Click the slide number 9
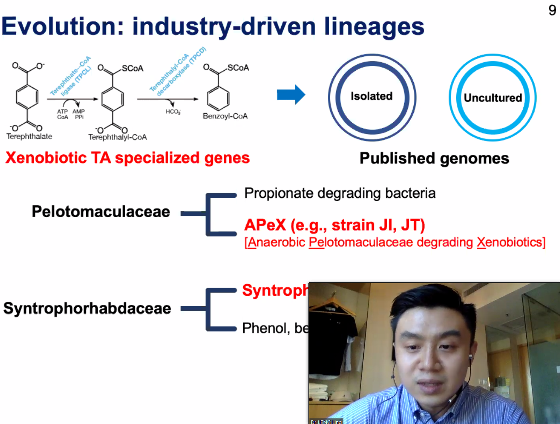tap(552, 10)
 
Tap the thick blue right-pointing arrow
tap(291, 94)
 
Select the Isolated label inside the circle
tap(372, 96)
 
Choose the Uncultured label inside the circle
tap(493, 98)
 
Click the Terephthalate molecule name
tap(29, 136)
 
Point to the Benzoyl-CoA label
tap(225, 116)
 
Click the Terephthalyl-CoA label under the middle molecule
tap(117, 137)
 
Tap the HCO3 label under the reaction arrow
tap(173, 112)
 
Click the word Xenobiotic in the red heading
tap(46, 158)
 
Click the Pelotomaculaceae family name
tap(101, 211)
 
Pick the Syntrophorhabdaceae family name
tap(87, 308)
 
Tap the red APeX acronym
tap(265, 225)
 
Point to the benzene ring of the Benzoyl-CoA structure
tap(218, 98)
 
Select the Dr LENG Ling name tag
tap(326, 422)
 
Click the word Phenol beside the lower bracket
tap(265, 328)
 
